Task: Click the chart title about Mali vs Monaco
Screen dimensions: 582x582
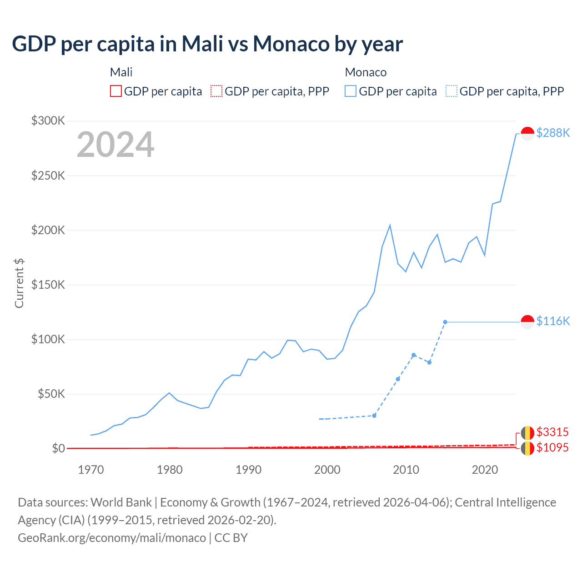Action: click(x=207, y=44)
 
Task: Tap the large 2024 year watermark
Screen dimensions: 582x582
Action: click(x=115, y=145)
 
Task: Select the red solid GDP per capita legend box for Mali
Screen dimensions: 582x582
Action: click(x=116, y=91)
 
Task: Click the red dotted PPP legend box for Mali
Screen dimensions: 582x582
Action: click(x=216, y=91)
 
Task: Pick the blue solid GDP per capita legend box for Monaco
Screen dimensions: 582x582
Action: click(x=351, y=91)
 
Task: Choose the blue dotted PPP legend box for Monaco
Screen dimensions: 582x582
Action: click(x=452, y=91)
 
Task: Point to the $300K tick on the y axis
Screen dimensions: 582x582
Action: click(x=48, y=120)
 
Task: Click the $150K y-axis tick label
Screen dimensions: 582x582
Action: click(x=48, y=285)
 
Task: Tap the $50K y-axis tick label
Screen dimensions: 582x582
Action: click(x=51, y=394)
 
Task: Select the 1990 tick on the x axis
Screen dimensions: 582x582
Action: click(x=248, y=470)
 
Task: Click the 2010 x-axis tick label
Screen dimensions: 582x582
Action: click(x=406, y=470)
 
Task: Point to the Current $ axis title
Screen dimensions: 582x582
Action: click(x=19, y=283)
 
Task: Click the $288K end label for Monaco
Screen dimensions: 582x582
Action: click(x=553, y=133)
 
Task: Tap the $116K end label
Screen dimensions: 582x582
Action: click(x=553, y=321)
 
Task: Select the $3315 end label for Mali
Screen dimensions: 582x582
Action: click(x=552, y=432)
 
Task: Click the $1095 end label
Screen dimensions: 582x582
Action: click(x=552, y=447)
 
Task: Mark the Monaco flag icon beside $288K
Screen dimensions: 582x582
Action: click(x=527, y=133)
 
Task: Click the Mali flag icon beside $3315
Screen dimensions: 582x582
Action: click(x=527, y=432)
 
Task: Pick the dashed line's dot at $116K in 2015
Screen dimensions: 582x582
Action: click(x=445, y=322)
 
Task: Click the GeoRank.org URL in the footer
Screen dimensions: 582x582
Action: click(x=112, y=538)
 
